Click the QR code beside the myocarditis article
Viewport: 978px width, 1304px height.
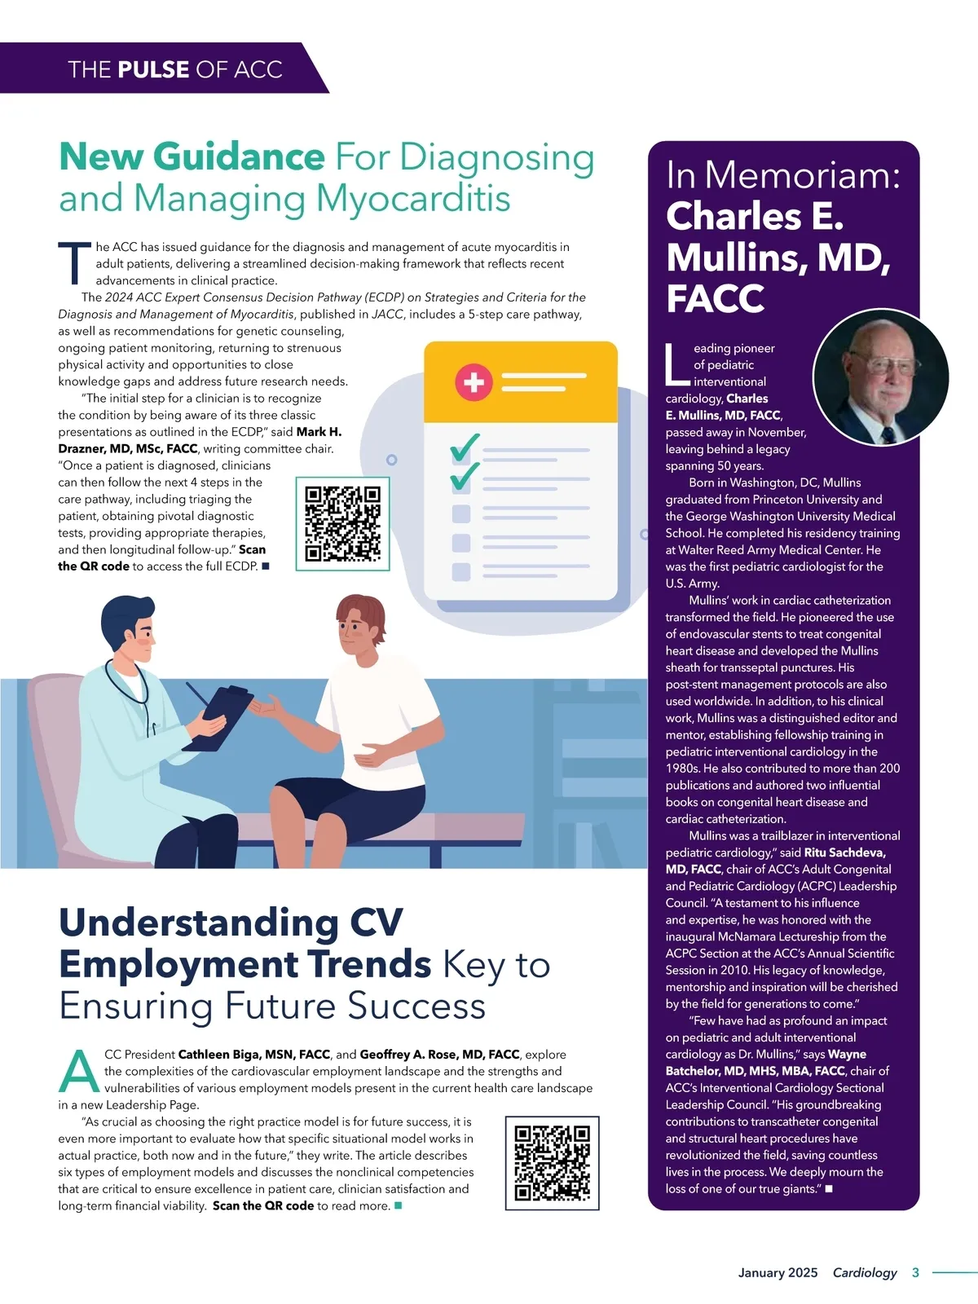(x=342, y=523)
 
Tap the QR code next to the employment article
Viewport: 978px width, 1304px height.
(x=552, y=1162)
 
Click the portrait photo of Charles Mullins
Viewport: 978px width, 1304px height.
(x=880, y=377)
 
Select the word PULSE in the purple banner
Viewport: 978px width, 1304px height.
(x=153, y=69)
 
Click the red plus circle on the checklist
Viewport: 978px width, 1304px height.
(x=474, y=382)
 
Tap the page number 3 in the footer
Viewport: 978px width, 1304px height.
(x=915, y=1272)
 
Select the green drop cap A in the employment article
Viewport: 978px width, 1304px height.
(x=78, y=1072)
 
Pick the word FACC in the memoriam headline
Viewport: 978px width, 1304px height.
(x=715, y=298)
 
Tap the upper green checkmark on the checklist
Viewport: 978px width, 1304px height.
(x=465, y=446)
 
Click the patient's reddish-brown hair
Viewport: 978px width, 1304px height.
(x=360, y=609)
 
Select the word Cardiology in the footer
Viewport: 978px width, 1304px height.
(x=864, y=1272)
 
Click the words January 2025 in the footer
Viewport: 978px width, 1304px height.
(x=778, y=1272)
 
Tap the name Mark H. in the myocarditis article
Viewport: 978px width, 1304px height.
(x=319, y=432)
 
